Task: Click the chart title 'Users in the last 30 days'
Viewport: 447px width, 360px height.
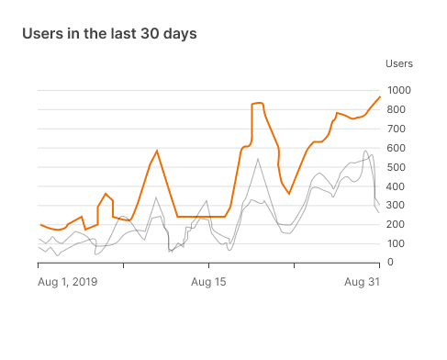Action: tap(108, 34)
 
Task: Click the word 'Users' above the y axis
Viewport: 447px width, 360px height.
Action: tap(398, 63)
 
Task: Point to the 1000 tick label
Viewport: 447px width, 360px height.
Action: tap(399, 90)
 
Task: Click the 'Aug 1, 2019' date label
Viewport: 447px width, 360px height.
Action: tap(68, 281)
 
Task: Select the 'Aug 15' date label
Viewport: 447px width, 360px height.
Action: tap(208, 281)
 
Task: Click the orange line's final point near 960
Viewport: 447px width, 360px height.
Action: tap(379, 97)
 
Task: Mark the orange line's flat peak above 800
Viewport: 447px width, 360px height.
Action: tap(257, 104)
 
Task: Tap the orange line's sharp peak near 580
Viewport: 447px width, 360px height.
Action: tap(157, 151)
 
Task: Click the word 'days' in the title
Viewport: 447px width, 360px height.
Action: tap(178, 34)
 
